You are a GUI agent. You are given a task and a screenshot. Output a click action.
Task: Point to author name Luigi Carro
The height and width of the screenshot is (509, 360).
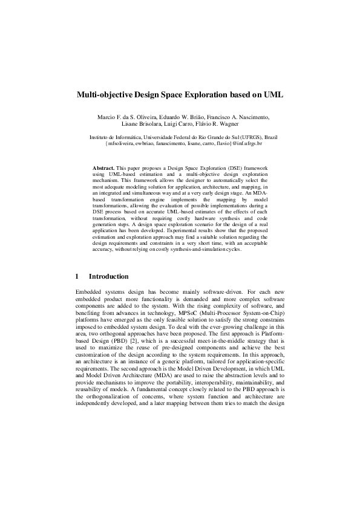tap(189, 125)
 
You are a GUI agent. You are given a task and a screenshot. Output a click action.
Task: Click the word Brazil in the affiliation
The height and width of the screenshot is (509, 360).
tap(270, 138)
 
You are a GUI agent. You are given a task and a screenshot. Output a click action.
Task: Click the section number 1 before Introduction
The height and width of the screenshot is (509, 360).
tap(77, 276)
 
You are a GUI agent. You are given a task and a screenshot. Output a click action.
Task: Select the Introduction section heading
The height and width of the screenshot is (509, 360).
tap(108, 276)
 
